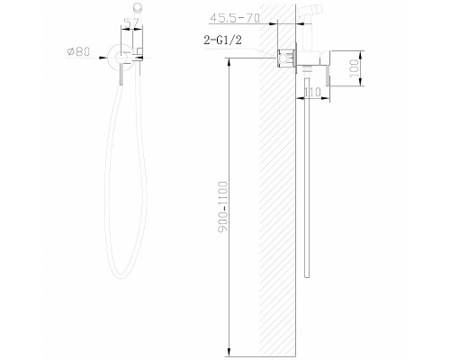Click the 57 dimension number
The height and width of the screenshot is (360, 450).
tap(131, 22)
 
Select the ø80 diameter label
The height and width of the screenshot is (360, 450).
tap(78, 51)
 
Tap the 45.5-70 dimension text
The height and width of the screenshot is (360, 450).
tap(235, 18)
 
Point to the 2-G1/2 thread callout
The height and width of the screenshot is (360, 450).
tap(222, 40)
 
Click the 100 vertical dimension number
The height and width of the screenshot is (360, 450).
tap(355, 68)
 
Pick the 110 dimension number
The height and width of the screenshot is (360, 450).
tap(312, 93)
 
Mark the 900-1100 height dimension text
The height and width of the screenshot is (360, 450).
tap(223, 206)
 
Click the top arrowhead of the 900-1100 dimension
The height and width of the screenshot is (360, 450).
tap(229, 61)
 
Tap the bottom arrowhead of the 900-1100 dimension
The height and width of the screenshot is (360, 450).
tap(229, 353)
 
